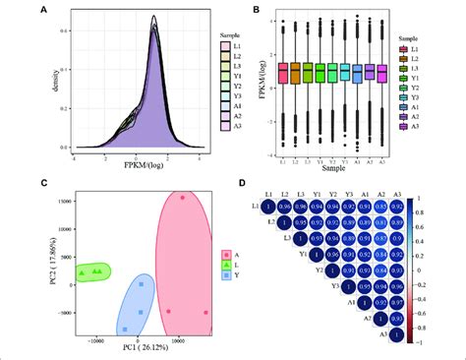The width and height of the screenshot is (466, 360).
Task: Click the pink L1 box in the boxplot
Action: pos(282,73)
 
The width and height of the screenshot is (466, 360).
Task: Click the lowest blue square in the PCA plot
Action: pos(141,313)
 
